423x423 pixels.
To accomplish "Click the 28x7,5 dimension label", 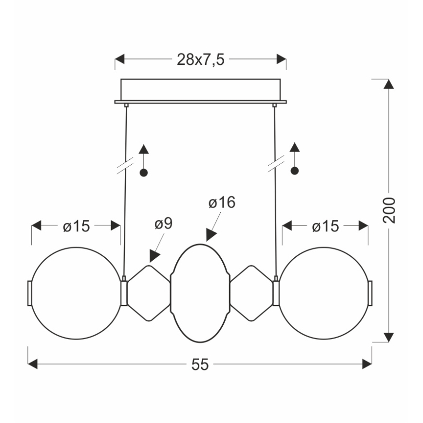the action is (x=200, y=59).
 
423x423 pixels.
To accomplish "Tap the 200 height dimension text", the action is (x=389, y=210).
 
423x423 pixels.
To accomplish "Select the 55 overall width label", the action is (x=200, y=365).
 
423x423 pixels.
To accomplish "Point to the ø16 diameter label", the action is (x=222, y=202).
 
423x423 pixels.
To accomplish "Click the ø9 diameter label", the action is (x=163, y=224).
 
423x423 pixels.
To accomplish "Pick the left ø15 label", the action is (x=77, y=226).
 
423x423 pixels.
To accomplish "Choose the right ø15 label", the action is (x=326, y=226).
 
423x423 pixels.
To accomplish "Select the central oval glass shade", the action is (x=200, y=244).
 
